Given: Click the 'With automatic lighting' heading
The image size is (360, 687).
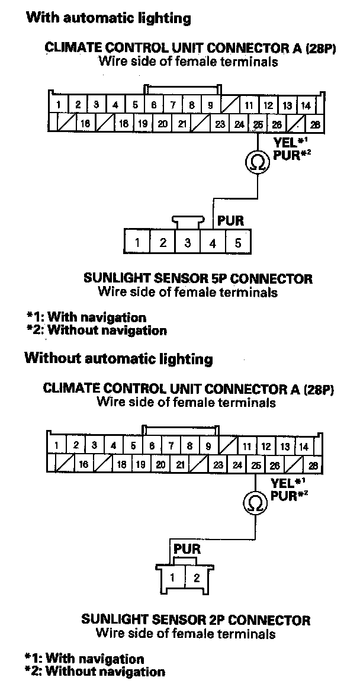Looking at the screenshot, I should point(108,18).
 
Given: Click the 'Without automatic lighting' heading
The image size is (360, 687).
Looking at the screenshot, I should point(118,358).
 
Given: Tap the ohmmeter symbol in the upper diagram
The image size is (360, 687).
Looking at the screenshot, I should point(256,162).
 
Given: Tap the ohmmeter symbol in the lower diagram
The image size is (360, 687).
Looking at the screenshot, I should point(255,503).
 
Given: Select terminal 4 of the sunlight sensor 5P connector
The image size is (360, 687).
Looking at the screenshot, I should point(213,242).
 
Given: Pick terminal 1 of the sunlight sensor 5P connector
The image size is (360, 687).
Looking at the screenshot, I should point(137,242).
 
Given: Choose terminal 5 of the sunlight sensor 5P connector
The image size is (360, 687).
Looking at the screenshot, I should point(237,242).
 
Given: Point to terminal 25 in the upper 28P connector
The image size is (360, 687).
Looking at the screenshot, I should point(258,124).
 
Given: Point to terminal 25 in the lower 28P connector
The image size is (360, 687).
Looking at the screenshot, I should point(256,465).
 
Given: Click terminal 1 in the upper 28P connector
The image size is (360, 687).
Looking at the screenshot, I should point(59,105).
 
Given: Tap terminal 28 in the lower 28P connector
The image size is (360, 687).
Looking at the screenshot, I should point(313,465).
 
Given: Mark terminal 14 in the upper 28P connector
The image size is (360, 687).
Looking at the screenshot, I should point(306,105).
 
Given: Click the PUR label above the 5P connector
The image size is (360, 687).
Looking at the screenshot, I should point(230,221).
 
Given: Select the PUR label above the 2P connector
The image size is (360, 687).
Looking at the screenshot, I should point(187,549).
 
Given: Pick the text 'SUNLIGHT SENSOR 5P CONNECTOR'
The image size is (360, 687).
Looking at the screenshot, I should point(198,278).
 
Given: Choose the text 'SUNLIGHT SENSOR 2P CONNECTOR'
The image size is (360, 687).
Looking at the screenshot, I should point(195,620).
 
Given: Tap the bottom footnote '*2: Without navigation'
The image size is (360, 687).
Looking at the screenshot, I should point(95,672).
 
